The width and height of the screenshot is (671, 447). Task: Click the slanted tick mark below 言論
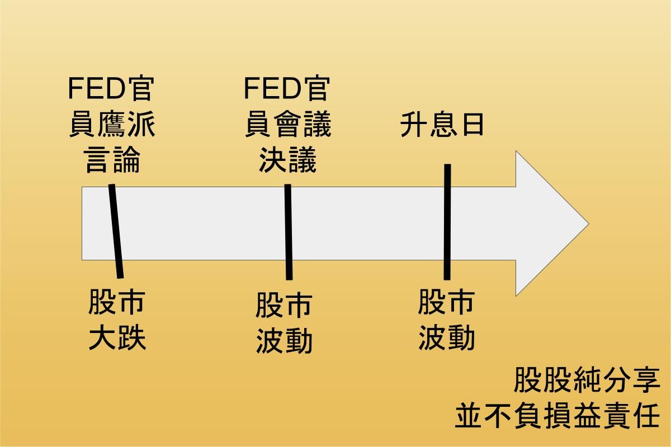[116, 231]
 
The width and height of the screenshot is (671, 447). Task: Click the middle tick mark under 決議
[288, 231]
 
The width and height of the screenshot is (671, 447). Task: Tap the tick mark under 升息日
[447, 222]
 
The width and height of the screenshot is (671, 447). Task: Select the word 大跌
[117, 338]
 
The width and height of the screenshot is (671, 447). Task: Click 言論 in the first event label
[111, 160]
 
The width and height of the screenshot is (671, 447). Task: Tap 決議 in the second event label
[287, 160]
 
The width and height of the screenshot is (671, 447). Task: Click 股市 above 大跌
[117, 302]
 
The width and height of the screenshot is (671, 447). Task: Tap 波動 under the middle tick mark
[284, 341]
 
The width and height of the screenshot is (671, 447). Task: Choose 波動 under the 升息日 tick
[446, 338]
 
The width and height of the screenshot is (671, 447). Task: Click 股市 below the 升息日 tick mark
[446, 302]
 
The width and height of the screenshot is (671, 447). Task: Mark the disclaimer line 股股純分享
[587, 381]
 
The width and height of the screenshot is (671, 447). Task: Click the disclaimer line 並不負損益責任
[557, 416]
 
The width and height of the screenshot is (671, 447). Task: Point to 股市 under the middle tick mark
[284, 306]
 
